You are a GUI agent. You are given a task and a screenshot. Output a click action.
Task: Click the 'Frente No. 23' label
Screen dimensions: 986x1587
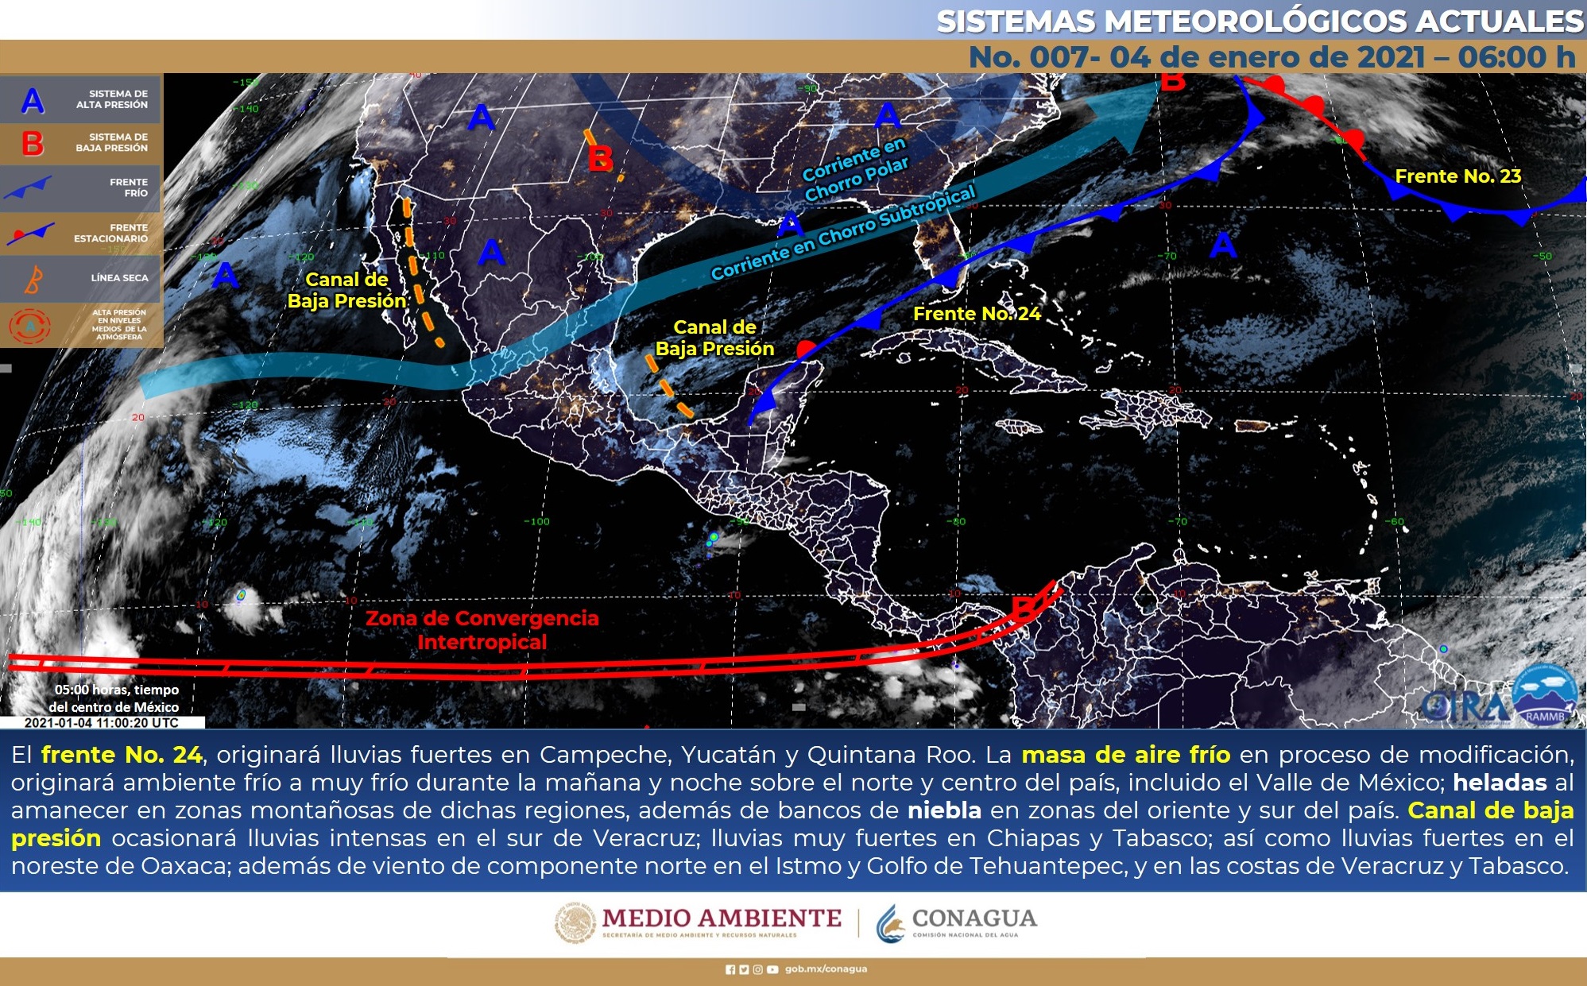coord(1457,176)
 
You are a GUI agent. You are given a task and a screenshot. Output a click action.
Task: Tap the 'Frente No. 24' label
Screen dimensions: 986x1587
coord(976,314)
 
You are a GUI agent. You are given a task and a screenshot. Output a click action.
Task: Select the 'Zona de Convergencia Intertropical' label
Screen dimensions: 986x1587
coord(482,630)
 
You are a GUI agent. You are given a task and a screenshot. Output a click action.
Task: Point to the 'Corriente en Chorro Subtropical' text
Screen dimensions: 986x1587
coord(842,234)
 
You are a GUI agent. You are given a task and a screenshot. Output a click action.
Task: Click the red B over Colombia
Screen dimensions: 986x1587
coord(1024,608)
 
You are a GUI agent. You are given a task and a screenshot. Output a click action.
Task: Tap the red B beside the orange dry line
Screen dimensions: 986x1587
coord(601,159)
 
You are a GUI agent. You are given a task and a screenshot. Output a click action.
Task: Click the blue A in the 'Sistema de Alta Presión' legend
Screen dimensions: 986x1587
coord(33,100)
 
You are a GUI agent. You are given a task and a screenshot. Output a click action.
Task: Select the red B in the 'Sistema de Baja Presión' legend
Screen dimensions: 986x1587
coord(33,144)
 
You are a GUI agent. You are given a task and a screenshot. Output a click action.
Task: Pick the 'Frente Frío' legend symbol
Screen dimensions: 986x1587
coord(29,188)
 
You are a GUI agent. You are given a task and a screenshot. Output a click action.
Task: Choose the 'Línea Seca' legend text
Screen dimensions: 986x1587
coord(119,278)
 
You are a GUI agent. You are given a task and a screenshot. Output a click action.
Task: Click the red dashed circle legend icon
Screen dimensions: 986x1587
coord(29,326)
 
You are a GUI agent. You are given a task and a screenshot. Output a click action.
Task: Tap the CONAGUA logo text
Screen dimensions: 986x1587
coord(973,918)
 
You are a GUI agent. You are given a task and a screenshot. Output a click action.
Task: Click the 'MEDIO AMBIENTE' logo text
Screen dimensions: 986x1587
coord(721,918)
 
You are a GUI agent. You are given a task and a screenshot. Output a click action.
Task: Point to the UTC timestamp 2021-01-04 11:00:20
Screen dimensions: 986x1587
coord(102,723)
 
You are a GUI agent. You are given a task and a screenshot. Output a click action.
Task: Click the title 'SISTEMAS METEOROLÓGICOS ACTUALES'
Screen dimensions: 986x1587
coord(1260,21)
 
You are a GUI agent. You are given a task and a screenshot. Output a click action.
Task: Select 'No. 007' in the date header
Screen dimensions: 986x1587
coord(1030,57)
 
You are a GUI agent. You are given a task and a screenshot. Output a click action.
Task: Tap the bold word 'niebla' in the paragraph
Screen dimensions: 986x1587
coord(944,810)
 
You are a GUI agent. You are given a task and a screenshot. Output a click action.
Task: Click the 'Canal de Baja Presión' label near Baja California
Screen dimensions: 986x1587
coord(347,290)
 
